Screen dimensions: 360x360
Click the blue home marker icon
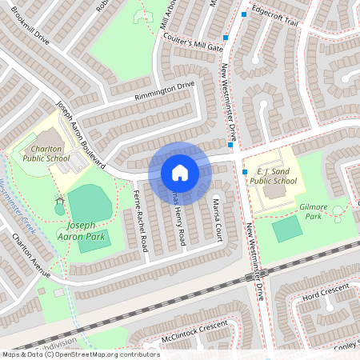click(179, 173)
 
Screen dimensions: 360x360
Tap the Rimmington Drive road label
click(163, 92)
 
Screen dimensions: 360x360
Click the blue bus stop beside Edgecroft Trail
click(243, 14)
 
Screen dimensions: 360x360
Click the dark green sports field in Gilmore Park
click(287, 230)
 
